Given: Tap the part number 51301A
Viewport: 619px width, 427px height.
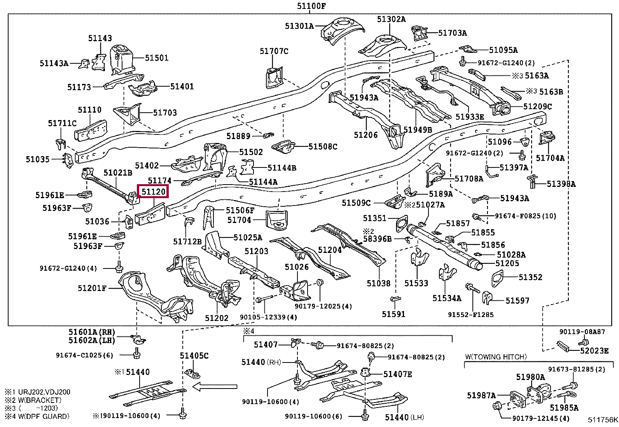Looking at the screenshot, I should point(299,26).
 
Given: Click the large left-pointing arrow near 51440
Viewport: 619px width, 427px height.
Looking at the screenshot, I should point(215,386).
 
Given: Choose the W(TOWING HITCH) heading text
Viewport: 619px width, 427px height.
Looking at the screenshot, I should point(496,356).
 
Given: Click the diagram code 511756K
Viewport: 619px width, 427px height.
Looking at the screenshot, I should point(602,420).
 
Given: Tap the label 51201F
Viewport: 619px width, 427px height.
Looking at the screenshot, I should point(92,288).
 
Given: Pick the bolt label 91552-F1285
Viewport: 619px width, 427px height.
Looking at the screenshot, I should point(470,314).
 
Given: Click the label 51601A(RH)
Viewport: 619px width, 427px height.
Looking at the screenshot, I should point(92,332).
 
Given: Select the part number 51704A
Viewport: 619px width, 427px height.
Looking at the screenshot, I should point(550,158).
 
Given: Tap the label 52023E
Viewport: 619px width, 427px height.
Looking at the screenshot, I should point(594,350).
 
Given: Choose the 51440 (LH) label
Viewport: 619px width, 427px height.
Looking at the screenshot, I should point(404,417).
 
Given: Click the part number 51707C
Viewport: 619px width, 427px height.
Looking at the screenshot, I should point(274,51).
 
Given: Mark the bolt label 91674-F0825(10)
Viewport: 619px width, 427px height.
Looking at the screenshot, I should point(525,216).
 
